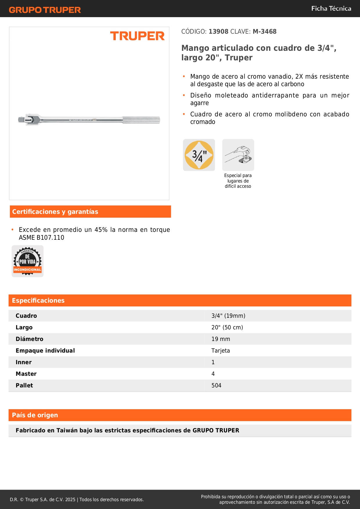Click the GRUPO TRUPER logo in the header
45,10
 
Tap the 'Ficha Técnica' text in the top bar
331,8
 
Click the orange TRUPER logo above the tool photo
137,36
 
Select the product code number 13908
218,31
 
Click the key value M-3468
264,31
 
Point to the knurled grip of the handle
141,120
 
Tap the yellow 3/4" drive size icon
199,155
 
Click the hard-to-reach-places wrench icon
238,155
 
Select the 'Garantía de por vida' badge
28,261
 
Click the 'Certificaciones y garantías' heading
55,212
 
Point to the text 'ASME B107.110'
41,237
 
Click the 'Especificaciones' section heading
38,300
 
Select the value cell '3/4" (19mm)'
228,316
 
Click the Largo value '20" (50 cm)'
227,327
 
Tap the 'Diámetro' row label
29,339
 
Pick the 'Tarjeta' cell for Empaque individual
220,351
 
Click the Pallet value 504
216,385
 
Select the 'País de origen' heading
35,415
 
